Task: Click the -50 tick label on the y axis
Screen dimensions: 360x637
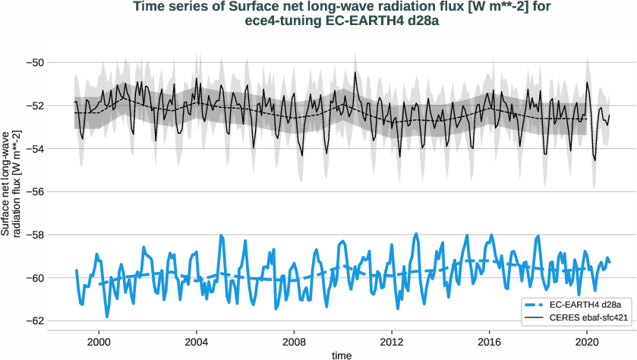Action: (36, 62)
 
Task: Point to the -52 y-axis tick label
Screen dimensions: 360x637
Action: (36, 106)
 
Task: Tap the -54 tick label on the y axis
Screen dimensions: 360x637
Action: (36, 148)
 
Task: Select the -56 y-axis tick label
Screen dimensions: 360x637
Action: (36, 191)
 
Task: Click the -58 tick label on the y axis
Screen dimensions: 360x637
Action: (36, 235)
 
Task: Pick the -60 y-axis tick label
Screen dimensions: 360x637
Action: (36, 278)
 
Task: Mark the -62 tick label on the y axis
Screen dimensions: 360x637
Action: (36, 321)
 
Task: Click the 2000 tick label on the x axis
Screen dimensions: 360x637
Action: (99, 341)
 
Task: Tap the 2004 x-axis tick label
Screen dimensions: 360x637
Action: (197, 341)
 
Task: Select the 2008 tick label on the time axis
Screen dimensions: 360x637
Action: (295, 341)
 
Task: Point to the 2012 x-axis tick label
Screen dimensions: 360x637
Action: (392, 341)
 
